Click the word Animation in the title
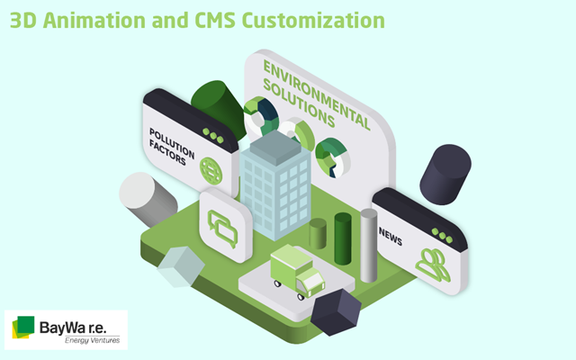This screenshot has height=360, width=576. coord(94,20)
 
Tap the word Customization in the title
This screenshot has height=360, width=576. coord(313,20)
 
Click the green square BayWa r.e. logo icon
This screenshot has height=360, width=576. coord(23,327)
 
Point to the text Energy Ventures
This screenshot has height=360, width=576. coord(92,340)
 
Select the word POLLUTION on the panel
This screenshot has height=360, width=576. coord(172,143)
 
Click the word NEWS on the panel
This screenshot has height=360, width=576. coord(391,237)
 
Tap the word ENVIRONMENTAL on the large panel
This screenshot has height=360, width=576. coord(317,95)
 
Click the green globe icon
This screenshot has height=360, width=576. coord(211,171)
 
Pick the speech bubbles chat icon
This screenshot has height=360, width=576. coord(222,229)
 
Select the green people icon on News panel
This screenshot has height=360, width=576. coord(433,265)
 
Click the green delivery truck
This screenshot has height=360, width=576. coord(297,272)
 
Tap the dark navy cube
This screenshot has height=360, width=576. coord(336,312)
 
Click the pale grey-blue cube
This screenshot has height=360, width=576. coord(181,266)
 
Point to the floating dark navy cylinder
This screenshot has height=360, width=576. coord(445,175)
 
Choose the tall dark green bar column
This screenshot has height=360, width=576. coord(343,238)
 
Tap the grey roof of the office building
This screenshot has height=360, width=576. coord(276,148)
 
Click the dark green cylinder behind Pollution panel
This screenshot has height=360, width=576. coord(219,108)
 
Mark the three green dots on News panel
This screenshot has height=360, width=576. coord(442,236)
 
